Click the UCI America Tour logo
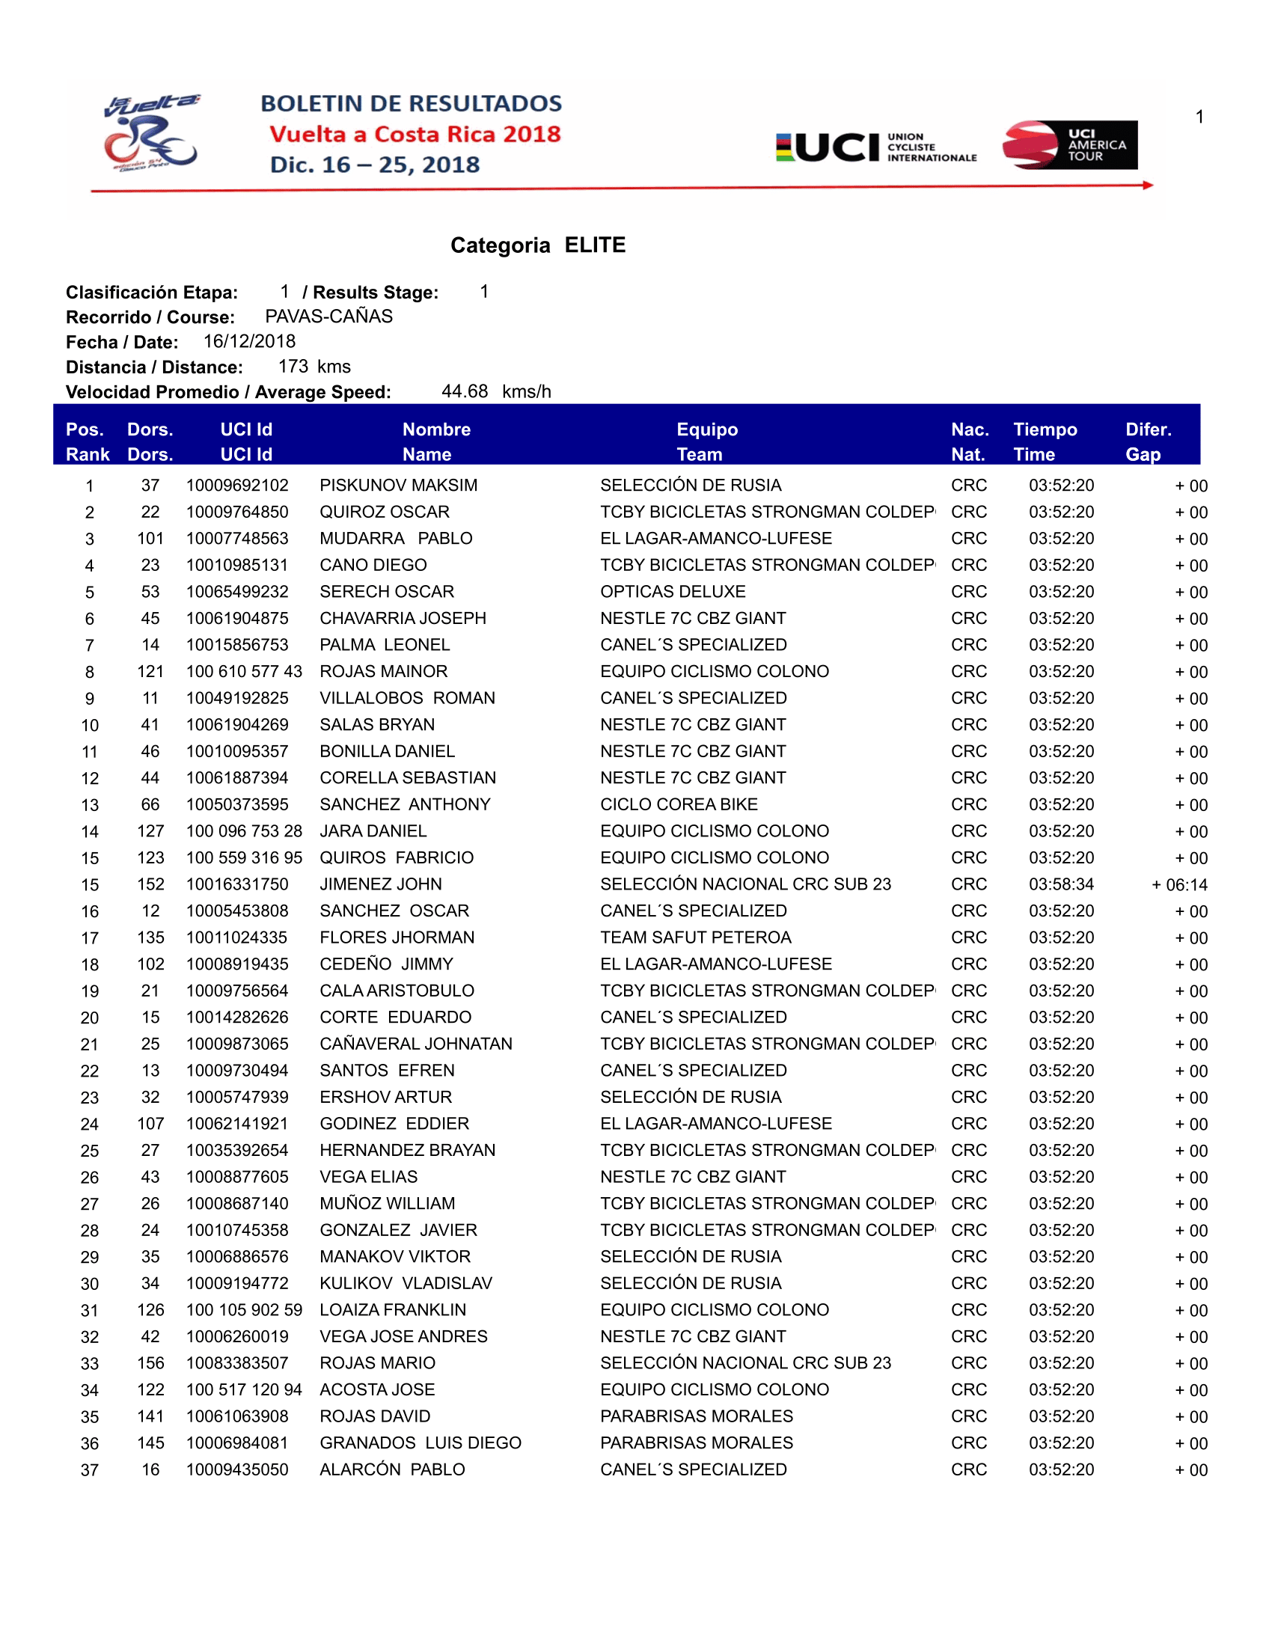pyautogui.click(x=1069, y=144)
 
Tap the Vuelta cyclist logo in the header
pyautogui.click(x=151, y=133)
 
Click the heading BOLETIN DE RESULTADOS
pyautogui.click(x=412, y=103)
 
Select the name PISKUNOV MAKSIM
pyautogui.click(x=398, y=486)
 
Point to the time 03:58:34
pyautogui.click(x=1061, y=884)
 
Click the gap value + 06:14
pyautogui.click(x=1179, y=885)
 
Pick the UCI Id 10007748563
pyautogui.click(x=237, y=538)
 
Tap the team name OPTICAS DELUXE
pyautogui.click(x=672, y=592)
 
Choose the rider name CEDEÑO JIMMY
pyautogui.click(x=386, y=964)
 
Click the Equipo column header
pyautogui.click(x=707, y=429)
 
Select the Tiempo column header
pyautogui.click(x=1045, y=429)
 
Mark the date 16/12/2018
pyautogui.click(x=249, y=341)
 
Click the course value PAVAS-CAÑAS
pyautogui.click(x=328, y=316)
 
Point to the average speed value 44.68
pyautogui.click(x=464, y=391)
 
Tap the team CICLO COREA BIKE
pyautogui.click(x=678, y=804)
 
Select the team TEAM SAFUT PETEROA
pyautogui.click(x=696, y=937)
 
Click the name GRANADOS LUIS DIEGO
pyautogui.click(x=420, y=1442)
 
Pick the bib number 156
pyautogui.click(x=150, y=1362)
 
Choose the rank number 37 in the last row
pyautogui.click(x=90, y=1469)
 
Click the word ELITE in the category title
pyautogui.click(x=595, y=245)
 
